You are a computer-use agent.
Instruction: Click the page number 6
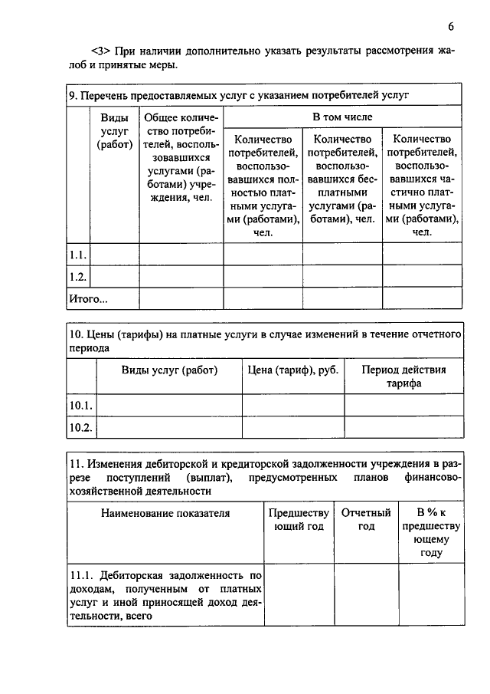click(x=452, y=26)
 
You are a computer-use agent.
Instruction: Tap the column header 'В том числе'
click(x=342, y=117)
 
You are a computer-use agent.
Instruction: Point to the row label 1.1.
click(x=79, y=254)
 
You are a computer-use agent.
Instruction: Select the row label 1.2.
click(x=79, y=276)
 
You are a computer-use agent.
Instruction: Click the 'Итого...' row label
click(x=89, y=298)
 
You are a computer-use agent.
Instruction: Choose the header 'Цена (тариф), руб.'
click(x=293, y=370)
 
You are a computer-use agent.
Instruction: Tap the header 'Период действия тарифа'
click(x=403, y=377)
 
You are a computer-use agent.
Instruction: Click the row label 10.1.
click(x=81, y=405)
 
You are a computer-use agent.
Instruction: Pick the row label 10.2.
click(x=81, y=427)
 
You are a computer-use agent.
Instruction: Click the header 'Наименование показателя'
click(x=165, y=513)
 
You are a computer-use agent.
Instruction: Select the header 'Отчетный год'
click(x=366, y=519)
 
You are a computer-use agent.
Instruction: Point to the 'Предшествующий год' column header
click(x=299, y=519)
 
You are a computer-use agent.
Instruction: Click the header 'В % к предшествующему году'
click(x=431, y=532)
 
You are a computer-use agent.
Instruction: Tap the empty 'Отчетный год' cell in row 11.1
click(x=366, y=595)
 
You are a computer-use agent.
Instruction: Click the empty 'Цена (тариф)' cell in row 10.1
click(x=293, y=405)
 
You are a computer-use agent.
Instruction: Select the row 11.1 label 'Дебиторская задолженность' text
click(x=165, y=595)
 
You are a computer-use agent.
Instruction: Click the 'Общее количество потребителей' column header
click(x=181, y=158)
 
